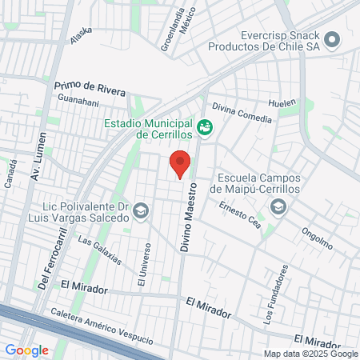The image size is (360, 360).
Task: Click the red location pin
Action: [x=181, y=163]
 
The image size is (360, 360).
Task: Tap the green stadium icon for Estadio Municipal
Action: [x=205, y=126]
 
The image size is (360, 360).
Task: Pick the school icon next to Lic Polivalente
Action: [x=141, y=210]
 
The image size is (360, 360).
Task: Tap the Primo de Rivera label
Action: [x=90, y=87]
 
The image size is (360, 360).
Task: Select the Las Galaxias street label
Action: [x=99, y=249]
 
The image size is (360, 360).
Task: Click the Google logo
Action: [x=26, y=350]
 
